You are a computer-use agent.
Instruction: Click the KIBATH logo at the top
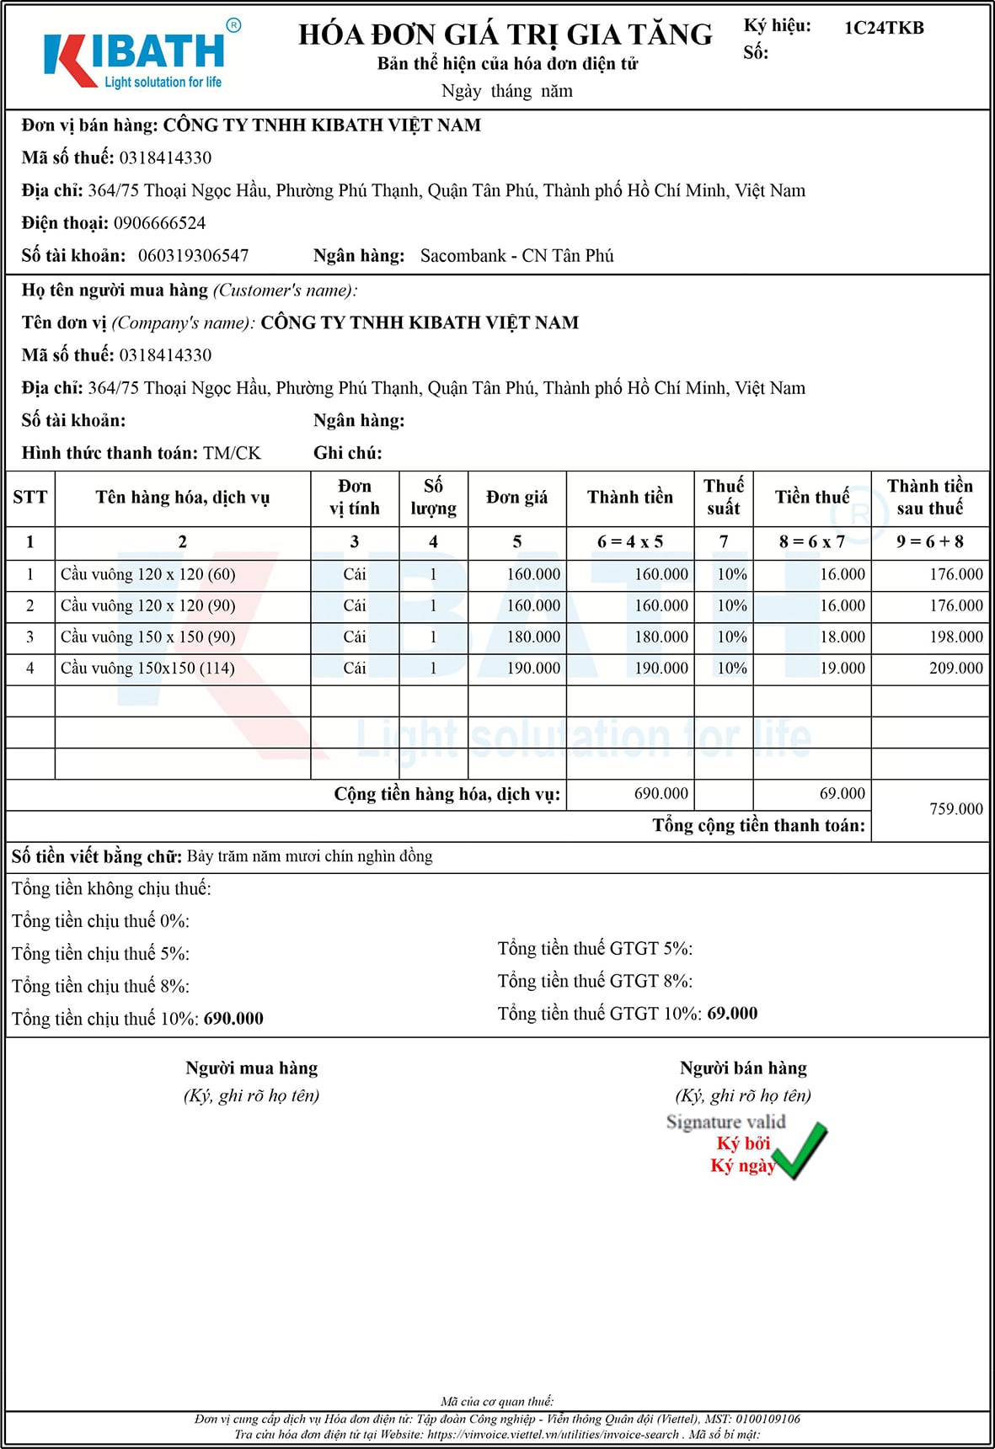pyautogui.click(x=135, y=57)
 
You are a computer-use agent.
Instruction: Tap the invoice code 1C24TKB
pyautogui.click(x=884, y=28)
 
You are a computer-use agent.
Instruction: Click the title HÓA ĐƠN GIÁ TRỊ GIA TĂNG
pyautogui.click(x=505, y=35)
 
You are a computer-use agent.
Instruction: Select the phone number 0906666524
pyautogui.click(x=159, y=223)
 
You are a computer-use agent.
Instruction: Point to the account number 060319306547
pyautogui.click(x=193, y=256)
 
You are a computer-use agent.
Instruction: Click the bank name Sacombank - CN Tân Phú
pyautogui.click(x=516, y=256)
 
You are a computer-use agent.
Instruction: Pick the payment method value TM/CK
pyautogui.click(x=232, y=453)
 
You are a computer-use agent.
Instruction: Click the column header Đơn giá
pyautogui.click(x=516, y=498)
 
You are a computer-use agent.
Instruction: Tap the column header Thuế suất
pyautogui.click(x=723, y=497)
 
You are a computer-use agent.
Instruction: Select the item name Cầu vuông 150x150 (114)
pyautogui.click(x=147, y=669)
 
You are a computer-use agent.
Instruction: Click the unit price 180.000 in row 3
pyautogui.click(x=533, y=637)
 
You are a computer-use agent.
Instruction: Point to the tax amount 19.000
pyautogui.click(x=843, y=669)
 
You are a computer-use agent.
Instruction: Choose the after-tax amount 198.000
pyautogui.click(x=955, y=637)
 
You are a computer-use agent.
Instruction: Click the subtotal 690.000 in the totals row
pyautogui.click(x=661, y=794)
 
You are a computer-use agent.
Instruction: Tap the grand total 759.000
pyautogui.click(x=955, y=809)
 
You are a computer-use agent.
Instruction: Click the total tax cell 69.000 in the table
pyautogui.click(x=842, y=794)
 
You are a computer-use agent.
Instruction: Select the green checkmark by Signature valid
pyautogui.click(x=800, y=1150)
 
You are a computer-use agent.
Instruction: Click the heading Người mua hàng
pyautogui.click(x=252, y=1068)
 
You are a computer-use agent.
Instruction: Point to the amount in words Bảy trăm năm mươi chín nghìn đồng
pyautogui.click(x=309, y=857)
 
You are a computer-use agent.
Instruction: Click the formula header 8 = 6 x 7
pyautogui.click(x=811, y=542)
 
